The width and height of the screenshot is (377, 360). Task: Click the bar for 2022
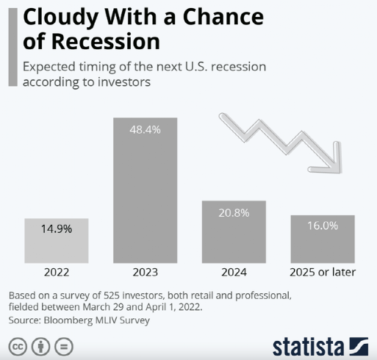[x=57, y=241]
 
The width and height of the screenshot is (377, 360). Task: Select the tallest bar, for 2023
[x=145, y=190]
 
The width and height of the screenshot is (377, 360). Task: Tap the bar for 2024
[x=234, y=232]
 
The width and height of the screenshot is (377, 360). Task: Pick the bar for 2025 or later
[x=323, y=239]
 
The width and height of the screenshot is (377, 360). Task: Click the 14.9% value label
[x=57, y=229]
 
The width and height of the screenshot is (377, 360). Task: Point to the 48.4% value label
[x=145, y=129]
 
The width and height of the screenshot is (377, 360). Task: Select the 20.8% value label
[x=234, y=213]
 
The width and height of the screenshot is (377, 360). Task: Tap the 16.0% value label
[x=323, y=226]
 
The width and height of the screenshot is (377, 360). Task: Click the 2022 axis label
[x=57, y=273]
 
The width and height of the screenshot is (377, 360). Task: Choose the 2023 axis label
[x=146, y=273]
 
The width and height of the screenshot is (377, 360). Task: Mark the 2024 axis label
[x=234, y=273]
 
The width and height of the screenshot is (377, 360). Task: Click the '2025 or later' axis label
[x=323, y=273]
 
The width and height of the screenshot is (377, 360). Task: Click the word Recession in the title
[x=106, y=41]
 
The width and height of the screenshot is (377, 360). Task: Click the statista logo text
[x=308, y=347]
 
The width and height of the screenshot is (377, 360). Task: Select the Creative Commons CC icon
[x=18, y=347]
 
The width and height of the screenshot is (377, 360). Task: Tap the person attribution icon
[x=40, y=347]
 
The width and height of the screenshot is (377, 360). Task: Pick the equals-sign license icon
[x=64, y=347]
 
